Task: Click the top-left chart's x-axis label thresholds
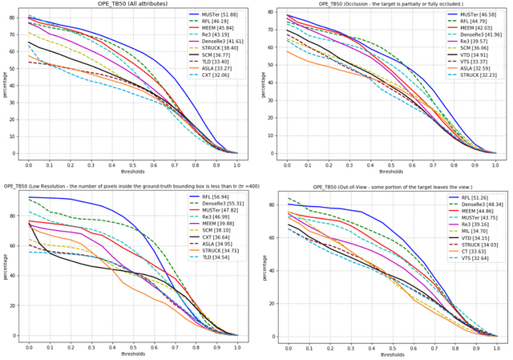pyautogui.click(x=133, y=171)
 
